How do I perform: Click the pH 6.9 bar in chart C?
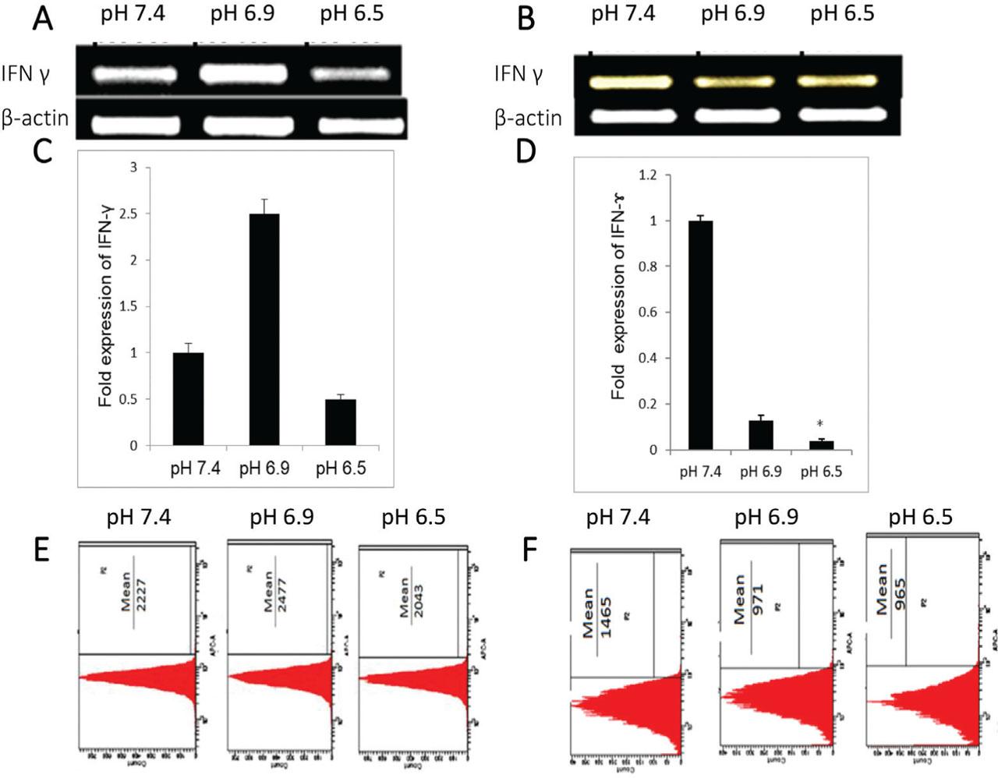click(264, 329)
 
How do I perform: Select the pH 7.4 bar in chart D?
click(700, 335)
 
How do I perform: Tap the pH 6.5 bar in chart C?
click(340, 422)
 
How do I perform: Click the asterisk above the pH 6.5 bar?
click(820, 425)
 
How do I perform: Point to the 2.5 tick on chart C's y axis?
click(133, 214)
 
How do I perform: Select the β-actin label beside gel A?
click(35, 118)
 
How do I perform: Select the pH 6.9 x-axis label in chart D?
click(760, 472)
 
